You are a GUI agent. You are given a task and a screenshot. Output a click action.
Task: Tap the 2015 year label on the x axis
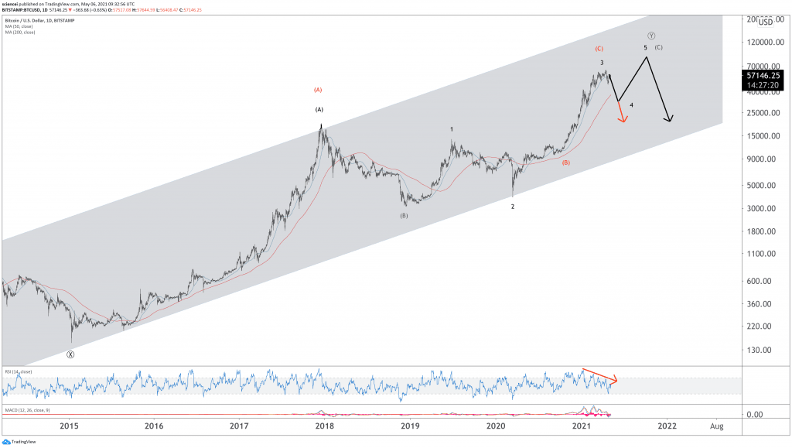click(x=70, y=426)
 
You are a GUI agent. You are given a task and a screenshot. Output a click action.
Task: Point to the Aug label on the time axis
click(x=717, y=426)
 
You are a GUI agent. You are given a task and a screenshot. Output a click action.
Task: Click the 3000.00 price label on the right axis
click(x=760, y=208)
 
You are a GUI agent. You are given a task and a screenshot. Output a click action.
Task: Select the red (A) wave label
click(x=318, y=90)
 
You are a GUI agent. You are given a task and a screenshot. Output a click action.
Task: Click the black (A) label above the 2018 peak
click(x=319, y=110)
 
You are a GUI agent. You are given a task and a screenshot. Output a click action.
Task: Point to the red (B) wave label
click(x=566, y=163)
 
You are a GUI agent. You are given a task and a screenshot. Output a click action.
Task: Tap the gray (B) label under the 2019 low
click(x=404, y=216)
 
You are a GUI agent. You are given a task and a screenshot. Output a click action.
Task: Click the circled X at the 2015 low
click(x=70, y=354)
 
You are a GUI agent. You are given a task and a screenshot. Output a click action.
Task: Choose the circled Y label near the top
click(x=652, y=36)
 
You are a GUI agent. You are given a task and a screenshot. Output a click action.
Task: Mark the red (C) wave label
click(x=599, y=49)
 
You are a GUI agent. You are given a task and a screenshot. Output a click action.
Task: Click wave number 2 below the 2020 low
click(x=512, y=207)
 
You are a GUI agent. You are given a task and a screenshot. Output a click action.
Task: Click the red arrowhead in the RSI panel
click(x=615, y=380)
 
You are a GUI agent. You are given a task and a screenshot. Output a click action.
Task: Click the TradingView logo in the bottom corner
click(x=14, y=442)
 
